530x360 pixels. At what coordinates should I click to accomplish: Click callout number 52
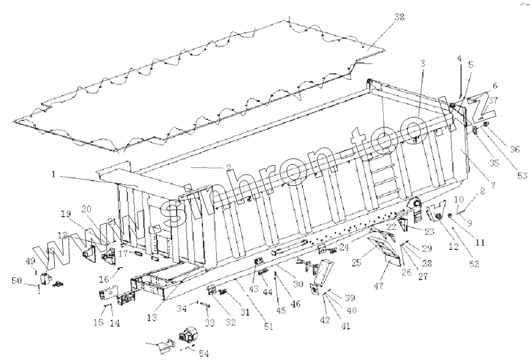point(473,264)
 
